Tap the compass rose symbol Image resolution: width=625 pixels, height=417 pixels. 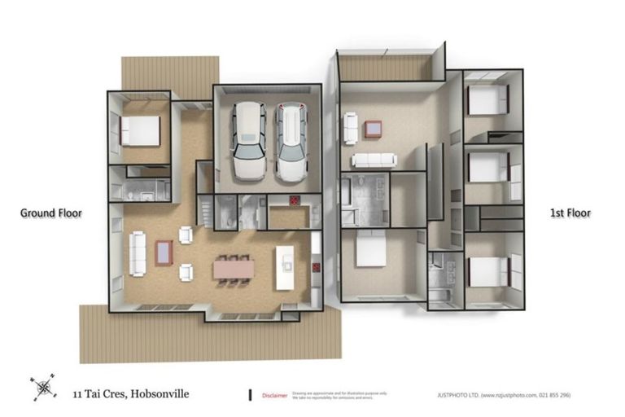pyautogui.click(x=42, y=386)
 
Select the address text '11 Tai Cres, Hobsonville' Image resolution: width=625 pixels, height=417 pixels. pyautogui.click(x=129, y=394)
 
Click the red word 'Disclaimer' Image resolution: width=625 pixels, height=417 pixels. pyautogui.click(x=274, y=396)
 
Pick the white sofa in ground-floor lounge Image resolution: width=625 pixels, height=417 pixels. pyautogui.click(x=138, y=252)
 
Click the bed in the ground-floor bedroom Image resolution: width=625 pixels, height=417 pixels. pyautogui.click(x=140, y=130)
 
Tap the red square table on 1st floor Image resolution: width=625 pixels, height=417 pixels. pyautogui.click(x=374, y=128)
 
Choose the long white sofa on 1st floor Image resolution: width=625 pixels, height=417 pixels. pyautogui.click(x=373, y=160)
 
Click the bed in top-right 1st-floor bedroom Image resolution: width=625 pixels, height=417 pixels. pyautogui.click(x=487, y=101)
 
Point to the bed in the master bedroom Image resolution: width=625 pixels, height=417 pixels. pyautogui.click(x=371, y=248)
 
